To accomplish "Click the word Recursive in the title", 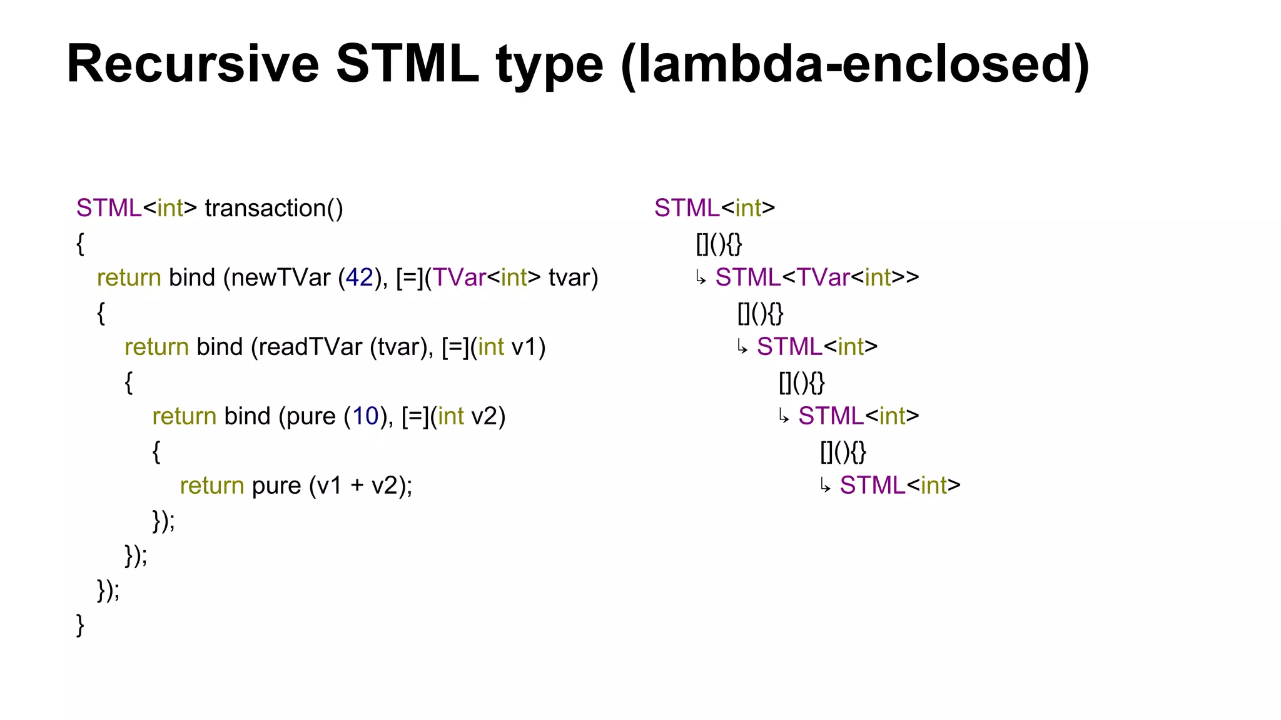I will [x=193, y=64].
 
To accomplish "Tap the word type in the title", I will [x=550, y=65].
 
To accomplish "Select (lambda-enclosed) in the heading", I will [x=855, y=65].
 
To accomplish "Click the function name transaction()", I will [x=274, y=208].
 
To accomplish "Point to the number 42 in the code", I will [x=359, y=277].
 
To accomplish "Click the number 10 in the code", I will [x=366, y=416].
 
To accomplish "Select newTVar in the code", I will [x=281, y=277].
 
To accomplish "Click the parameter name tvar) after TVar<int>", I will [x=573, y=277].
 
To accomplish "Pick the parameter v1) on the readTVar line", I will [x=529, y=347].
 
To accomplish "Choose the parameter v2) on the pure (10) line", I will [x=488, y=416].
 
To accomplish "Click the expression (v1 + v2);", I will [x=360, y=486].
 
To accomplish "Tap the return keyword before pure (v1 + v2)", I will [x=211, y=486].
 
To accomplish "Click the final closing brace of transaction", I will [x=80, y=624].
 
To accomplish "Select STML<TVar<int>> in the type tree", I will [x=817, y=277].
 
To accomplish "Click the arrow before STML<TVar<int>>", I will [x=701, y=278].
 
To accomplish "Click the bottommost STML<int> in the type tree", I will [x=899, y=486].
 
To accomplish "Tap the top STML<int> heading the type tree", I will [x=714, y=208].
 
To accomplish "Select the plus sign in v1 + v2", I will [x=357, y=486].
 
